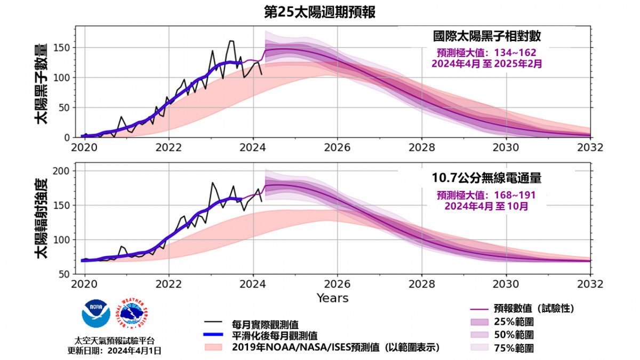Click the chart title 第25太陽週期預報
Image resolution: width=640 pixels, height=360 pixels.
coord(320,12)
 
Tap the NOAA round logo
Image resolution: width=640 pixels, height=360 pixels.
coord(96,313)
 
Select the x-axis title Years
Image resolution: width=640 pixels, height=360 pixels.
coord(332,298)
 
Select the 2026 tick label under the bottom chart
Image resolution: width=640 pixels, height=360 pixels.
coord(337,282)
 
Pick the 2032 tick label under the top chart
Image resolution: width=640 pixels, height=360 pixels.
coord(590,146)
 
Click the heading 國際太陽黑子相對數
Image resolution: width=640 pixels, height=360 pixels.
coord(487,37)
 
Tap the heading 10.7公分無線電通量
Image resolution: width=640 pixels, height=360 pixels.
coord(486,177)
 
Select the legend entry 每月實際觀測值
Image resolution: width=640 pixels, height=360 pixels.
coord(265,324)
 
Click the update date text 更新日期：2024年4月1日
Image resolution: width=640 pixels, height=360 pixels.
coord(114,350)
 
